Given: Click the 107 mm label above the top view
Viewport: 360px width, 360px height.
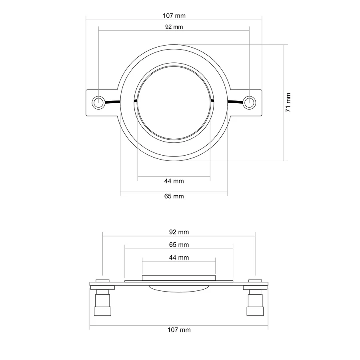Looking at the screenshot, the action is click(174, 16).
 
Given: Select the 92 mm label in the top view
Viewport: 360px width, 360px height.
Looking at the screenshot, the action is click(174, 27).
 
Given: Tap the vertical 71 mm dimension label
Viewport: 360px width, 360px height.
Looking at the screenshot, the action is click(288, 102).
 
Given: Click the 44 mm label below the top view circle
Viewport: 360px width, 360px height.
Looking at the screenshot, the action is click(174, 181).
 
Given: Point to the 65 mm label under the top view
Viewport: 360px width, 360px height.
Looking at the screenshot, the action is click(174, 196).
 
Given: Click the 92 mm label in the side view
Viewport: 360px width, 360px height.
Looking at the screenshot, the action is click(179, 232).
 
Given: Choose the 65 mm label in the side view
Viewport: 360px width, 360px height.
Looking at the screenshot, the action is click(179, 245).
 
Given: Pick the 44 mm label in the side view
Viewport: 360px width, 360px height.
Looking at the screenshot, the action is click(179, 258).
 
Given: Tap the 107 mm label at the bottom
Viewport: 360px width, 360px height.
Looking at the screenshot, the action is click(179, 330).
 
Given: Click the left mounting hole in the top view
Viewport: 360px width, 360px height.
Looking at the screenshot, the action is click(98, 102).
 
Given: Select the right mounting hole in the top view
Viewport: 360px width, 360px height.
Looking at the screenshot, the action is click(249, 102).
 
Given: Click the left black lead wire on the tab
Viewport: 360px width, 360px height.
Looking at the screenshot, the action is click(112, 102).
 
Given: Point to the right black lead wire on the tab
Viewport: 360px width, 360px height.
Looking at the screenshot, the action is click(235, 102).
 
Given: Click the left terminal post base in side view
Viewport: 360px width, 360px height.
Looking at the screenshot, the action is click(103, 311).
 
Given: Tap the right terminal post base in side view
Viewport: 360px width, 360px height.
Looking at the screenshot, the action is click(255, 311).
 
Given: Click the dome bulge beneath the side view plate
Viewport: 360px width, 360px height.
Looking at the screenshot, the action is click(179, 289).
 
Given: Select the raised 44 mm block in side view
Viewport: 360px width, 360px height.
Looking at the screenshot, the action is click(179, 278).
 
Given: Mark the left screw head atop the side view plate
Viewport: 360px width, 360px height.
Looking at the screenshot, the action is click(102, 281).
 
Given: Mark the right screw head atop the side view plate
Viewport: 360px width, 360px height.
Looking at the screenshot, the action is click(255, 281).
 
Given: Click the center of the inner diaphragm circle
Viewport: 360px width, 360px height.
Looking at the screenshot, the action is click(174, 103).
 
